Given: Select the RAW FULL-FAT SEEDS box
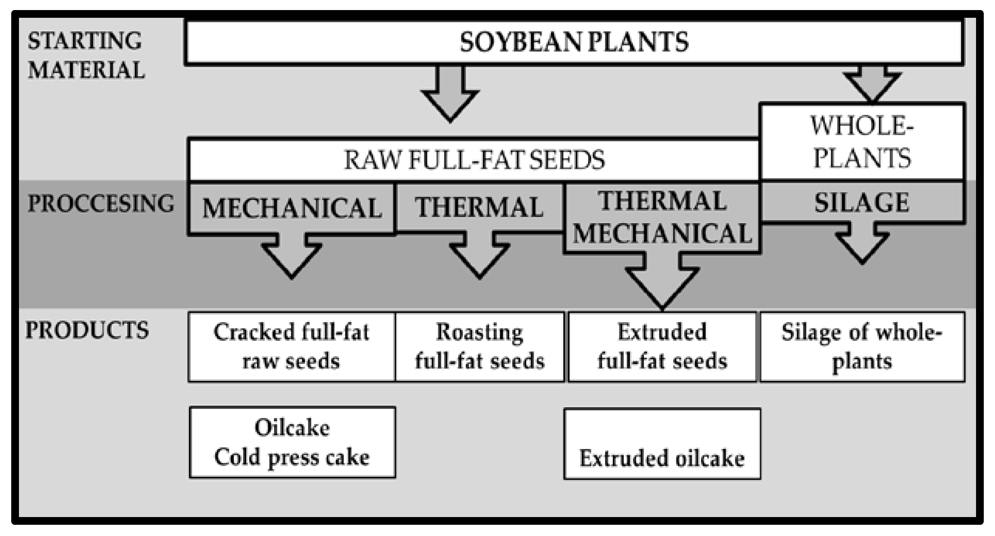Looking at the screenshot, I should [474, 160].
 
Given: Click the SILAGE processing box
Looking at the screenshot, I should [862, 202].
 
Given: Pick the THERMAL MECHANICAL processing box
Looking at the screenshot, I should [662, 217].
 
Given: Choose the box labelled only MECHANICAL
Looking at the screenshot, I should [292, 208].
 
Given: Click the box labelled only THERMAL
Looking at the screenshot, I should [479, 207].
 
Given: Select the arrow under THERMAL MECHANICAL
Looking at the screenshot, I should [662, 282].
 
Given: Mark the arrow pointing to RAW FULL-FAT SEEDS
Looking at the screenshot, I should [450, 95].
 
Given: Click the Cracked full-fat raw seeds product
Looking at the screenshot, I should [292, 347].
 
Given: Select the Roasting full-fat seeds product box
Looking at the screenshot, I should [479, 347].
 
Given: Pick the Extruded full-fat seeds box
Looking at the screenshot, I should [662, 347].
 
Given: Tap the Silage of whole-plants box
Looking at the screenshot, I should [862, 347].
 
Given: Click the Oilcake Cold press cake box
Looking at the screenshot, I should [292, 442].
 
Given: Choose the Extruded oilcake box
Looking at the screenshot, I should [662, 444].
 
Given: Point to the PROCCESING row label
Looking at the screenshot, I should [101, 203].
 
